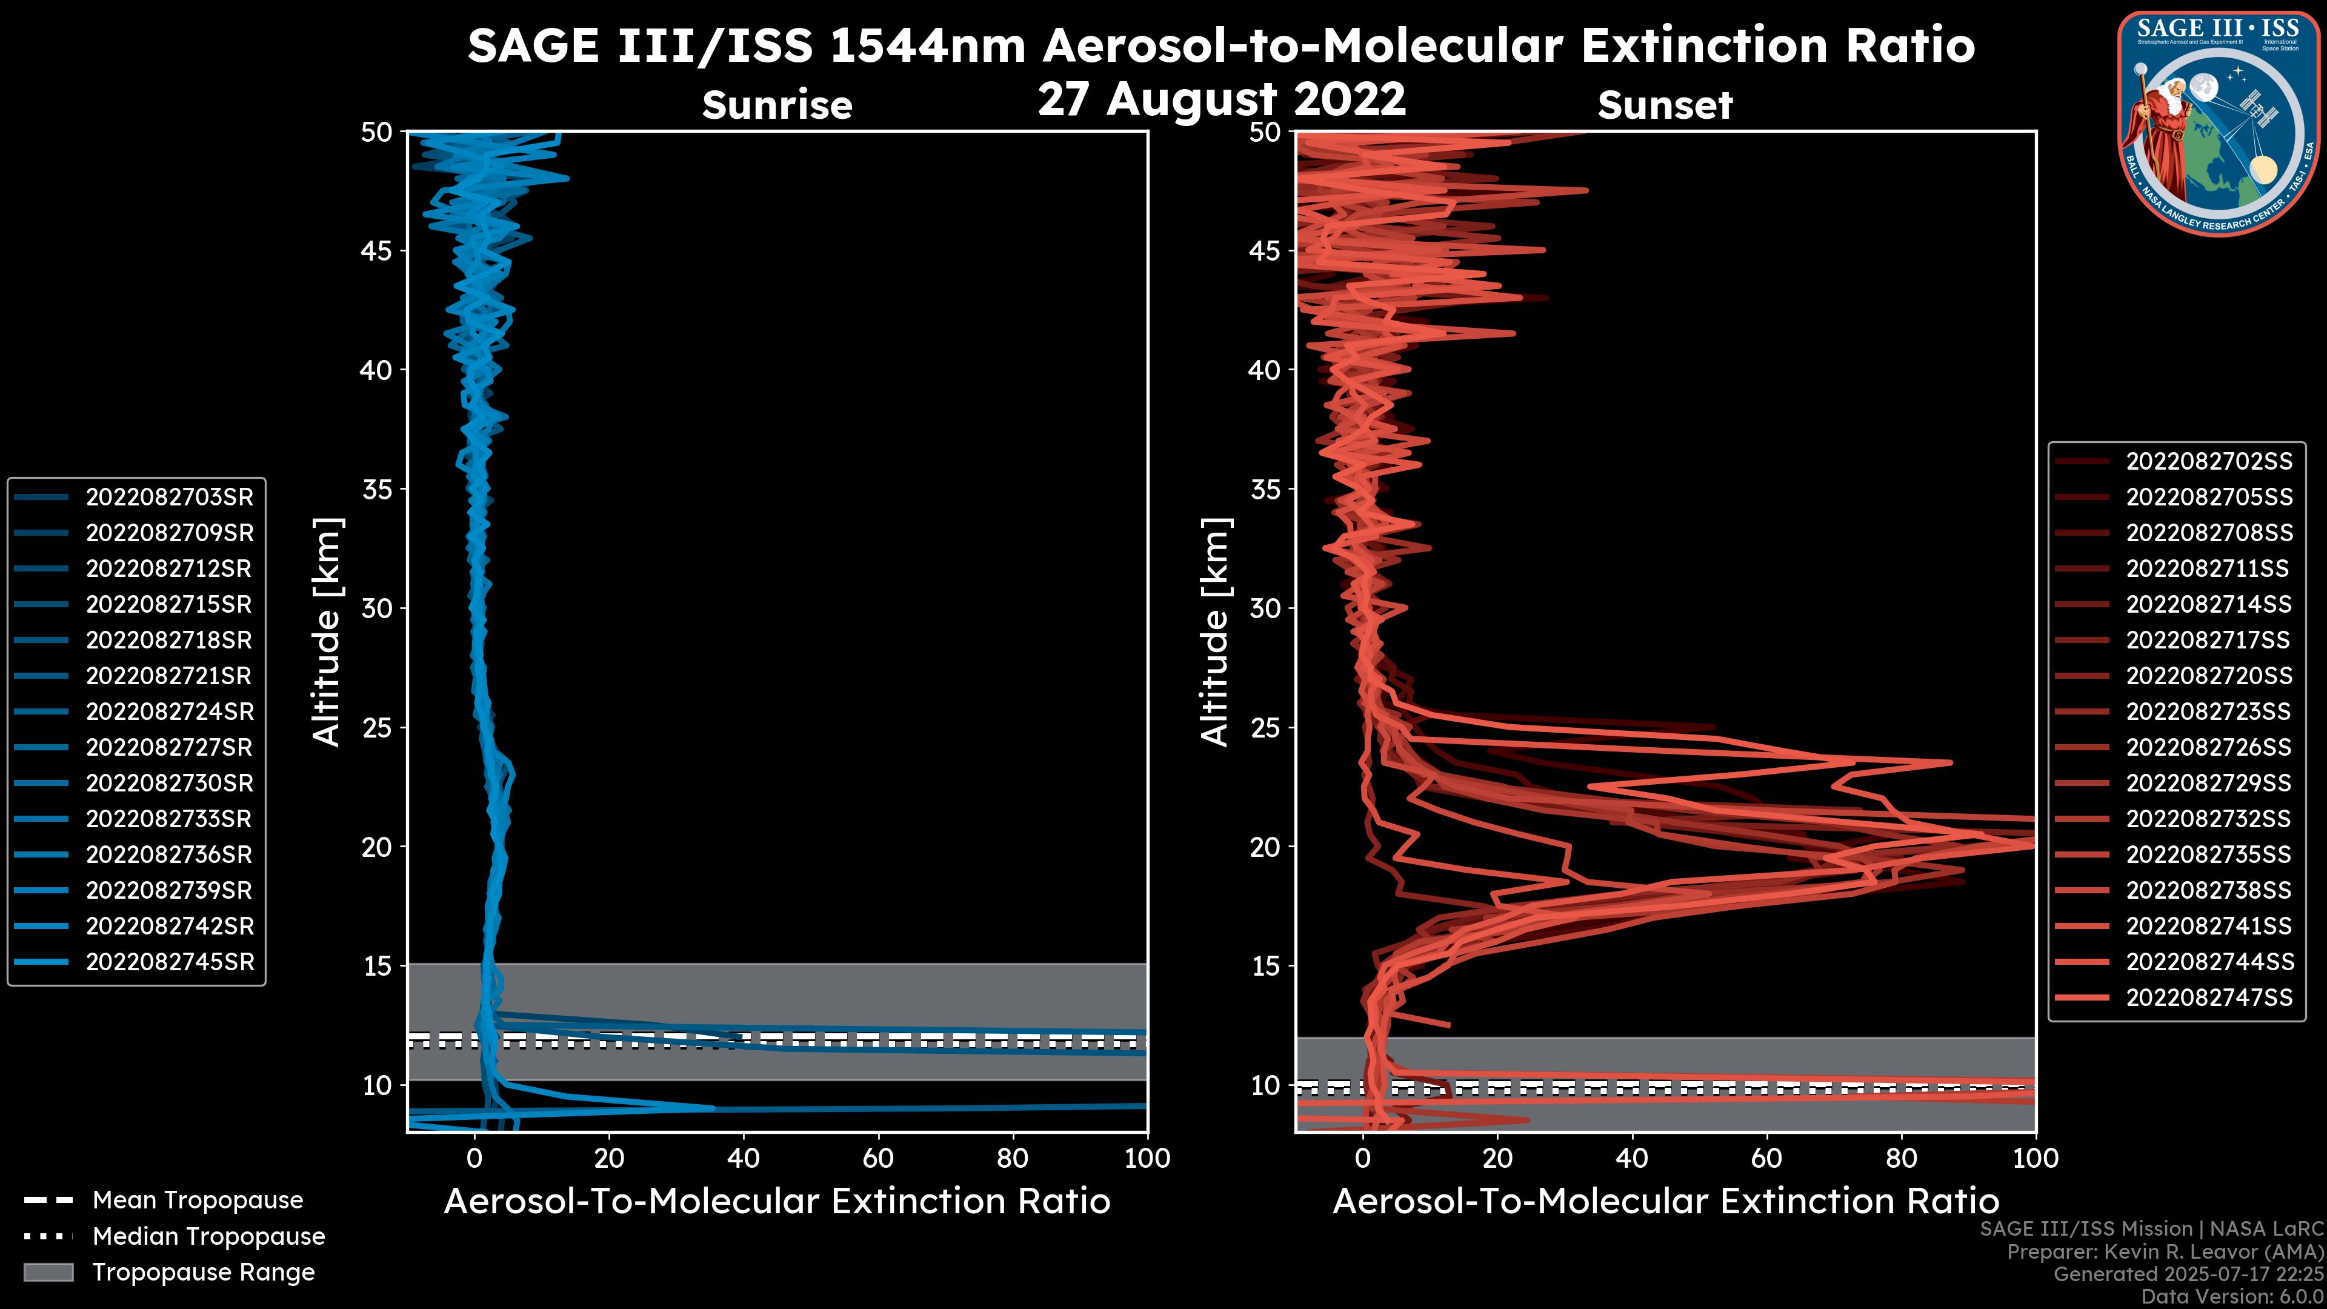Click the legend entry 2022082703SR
[x=169, y=497]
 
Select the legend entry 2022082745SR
[x=169, y=962]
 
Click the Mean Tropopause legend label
[x=197, y=1201]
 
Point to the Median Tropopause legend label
[x=208, y=1237]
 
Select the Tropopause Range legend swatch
[x=48, y=1273]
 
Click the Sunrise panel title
[x=777, y=105]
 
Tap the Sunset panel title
[x=1665, y=105]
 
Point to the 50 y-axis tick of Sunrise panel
[x=377, y=133]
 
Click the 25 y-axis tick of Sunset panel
[x=1265, y=728]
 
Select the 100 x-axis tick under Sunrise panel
[x=1147, y=1159]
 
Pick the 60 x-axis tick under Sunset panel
[x=1766, y=1159]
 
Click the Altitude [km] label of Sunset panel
[x=1215, y=631]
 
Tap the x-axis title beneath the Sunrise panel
[x=777, y=1202]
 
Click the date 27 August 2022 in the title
[x=1221, y=99]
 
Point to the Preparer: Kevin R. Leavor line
[x=2165, y=1252]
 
